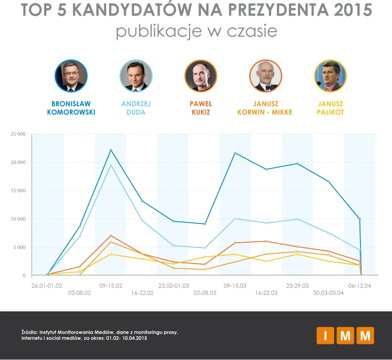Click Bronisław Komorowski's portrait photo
coord(71,76)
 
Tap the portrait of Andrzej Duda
coord(136,76)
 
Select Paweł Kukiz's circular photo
coord(201,76)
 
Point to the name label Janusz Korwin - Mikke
coord(265,108)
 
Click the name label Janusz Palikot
coord(330,108)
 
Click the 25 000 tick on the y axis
coord(18,134)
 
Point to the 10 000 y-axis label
coord(18,219)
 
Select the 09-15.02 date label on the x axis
coord(111,286)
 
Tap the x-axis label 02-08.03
coord(205,293)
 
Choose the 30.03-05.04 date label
coord(328,293)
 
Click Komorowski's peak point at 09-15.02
coord(111,150)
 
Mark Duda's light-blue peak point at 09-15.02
coord(111,165)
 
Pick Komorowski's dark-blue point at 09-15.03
coord(235,153)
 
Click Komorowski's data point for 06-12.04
coord(360,219)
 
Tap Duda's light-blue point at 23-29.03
coord(297,219)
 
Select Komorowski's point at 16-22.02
coord(142,201)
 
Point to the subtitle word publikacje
coord(159,31)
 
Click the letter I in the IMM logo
coord(325,335)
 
